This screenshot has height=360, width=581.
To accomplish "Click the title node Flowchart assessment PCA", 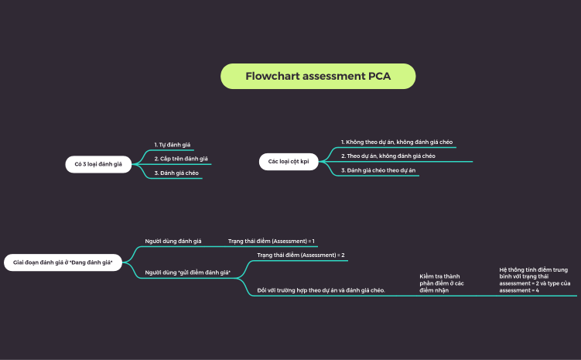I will [318, 76].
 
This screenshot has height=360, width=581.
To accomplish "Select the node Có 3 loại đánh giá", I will [98, 164].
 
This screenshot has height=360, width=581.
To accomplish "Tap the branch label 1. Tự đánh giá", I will [173, 145].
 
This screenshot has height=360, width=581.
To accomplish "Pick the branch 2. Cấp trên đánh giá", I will [181, 159].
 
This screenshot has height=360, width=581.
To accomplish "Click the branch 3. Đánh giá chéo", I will [176, 173].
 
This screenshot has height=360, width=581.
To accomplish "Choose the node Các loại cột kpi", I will [289, 161].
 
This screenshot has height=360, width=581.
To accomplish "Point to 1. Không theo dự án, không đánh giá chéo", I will [397, 142].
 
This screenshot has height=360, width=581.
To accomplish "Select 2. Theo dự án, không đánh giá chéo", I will [388, 156].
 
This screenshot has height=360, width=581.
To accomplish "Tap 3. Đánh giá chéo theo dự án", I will [378, 170].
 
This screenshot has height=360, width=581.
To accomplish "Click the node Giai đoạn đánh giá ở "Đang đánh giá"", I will [63, 263].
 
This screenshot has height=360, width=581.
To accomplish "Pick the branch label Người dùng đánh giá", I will [173, 242].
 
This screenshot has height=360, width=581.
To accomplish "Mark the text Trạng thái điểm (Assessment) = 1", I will [271, 242].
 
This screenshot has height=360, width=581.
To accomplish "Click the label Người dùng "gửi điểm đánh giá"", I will [188, 273].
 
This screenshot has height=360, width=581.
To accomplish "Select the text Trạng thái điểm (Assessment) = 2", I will [300, 255].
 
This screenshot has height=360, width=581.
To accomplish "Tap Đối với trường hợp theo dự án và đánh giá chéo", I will [321, 290].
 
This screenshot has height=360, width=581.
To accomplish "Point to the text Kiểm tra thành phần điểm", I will [441, 283].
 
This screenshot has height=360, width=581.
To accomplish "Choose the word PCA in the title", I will [379, 76].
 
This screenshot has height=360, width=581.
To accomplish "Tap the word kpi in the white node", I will [304, 161].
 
